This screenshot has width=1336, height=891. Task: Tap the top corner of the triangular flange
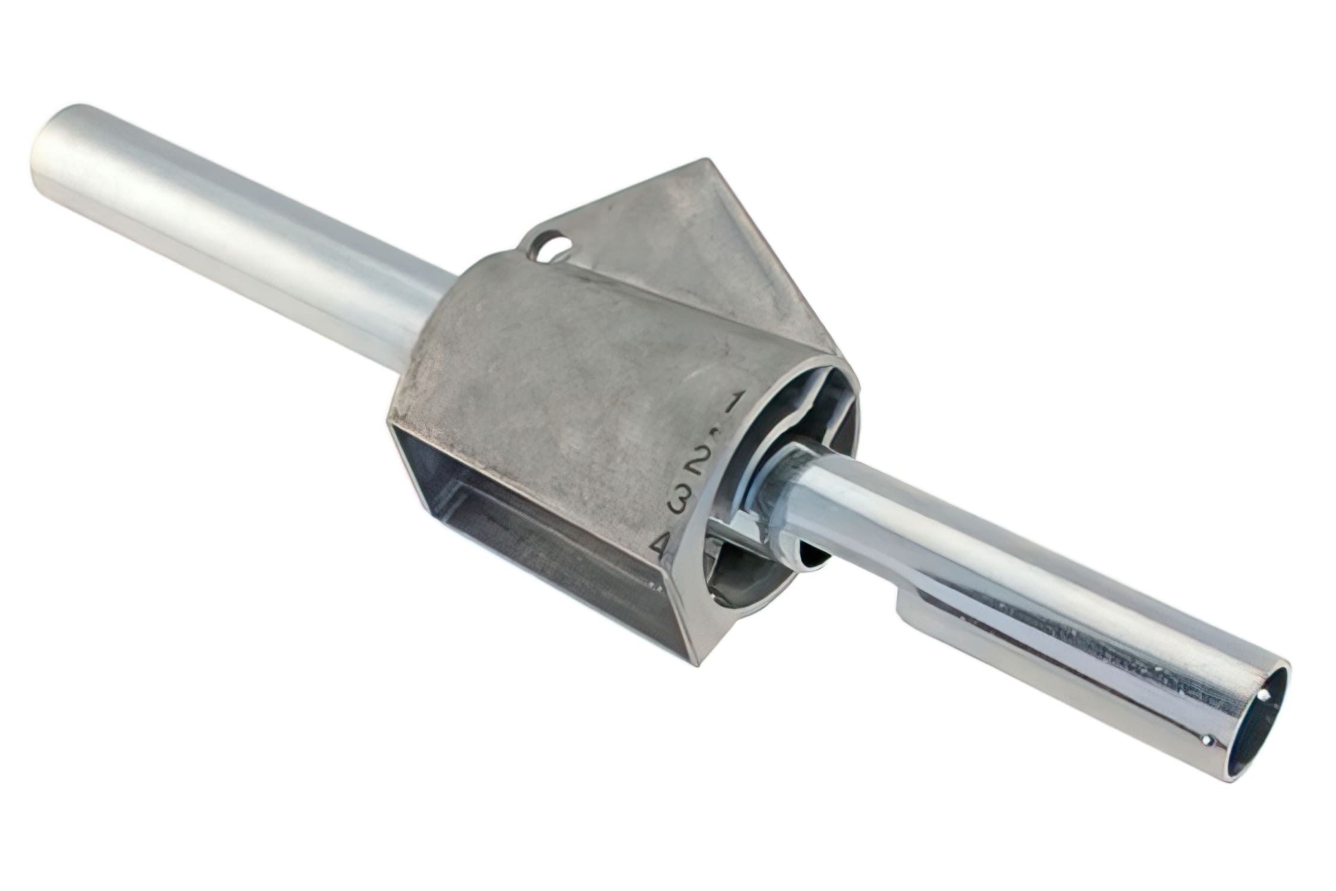pos(705,161)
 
